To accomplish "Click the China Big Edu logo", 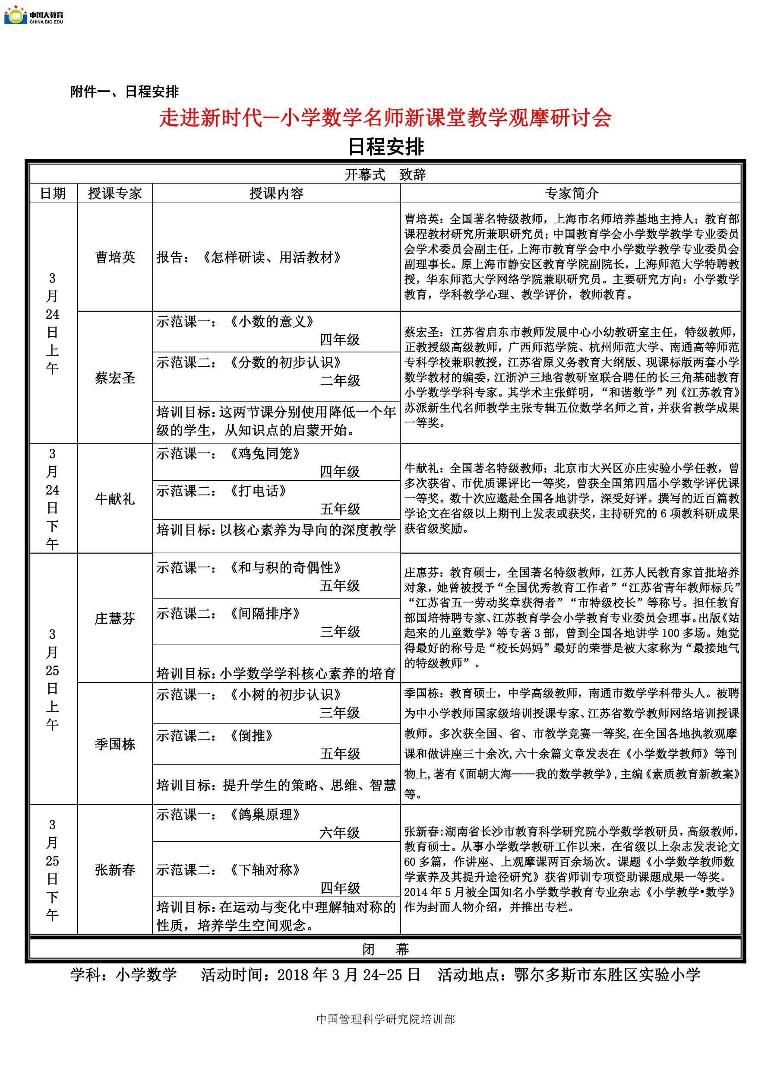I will click(x=33, y=15).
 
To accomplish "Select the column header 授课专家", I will click(x=115, y=193).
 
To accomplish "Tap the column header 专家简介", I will click(x=571, y=193).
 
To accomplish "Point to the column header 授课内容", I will click(x=276, y=193).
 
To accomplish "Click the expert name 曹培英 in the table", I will click(x=115, y=257).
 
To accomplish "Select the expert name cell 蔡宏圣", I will click(x=115, y=378).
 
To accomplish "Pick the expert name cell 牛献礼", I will click(x=115, y=498).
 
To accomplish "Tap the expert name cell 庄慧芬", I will click(x=115, y=618).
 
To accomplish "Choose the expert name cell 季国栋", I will click(x=115, y=744).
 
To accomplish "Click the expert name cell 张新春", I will click(x=115, y=869).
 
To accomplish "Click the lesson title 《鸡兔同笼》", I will click(x=265, y=454).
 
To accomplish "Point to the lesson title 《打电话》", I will click(x=258, y=491).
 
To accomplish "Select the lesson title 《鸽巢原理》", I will click(x=265, y=815).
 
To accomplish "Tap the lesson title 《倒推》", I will click(x=251, y=736).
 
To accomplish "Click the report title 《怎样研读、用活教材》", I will click(x=272, y=257).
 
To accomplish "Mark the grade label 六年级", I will click(x=340, y=833).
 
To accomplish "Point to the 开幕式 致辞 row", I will click(x=385, y=175).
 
